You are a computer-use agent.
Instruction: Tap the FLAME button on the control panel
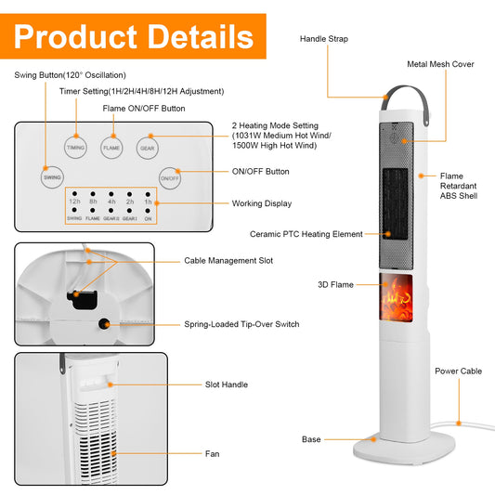pyautogui.click(x=111, y=148)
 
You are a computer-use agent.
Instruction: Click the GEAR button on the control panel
pyautogui.click(x=148, y=148)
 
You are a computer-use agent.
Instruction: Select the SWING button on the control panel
pyautogui.click(x=52, y=177)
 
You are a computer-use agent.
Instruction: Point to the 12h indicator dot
pyautogui.click(x=74, y=193)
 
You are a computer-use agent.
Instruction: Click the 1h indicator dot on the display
pyautogui.click(x=148, y=194)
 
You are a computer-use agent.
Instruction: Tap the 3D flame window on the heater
pyautogui.click(x=396, y=297)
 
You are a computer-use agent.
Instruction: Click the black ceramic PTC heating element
pyautogui.click(x=396, y=203)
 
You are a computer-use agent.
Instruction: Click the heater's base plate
pyautogui.click(x=404, y=449)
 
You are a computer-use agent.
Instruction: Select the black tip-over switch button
pyautogui.click(x=104, y=324)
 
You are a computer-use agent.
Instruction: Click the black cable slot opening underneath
pyautogui.click(x=82, y=300)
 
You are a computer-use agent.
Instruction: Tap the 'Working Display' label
pyautogui.click(x=262, y=203)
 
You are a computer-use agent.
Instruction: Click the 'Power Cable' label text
pyautogui.click(x=459, y=371)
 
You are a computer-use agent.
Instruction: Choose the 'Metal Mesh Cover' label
pyautogui.click(x=440, y=64)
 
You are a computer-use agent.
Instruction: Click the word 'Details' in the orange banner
pyautogui.click(x=201, y=37)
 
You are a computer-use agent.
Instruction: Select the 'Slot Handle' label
pyautogui.click(x=227, y=384)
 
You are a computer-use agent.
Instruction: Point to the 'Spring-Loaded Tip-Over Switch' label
pyautogui.click(x=241, y=324)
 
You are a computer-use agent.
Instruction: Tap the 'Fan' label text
pyautogui.click(x=212, y=453)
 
